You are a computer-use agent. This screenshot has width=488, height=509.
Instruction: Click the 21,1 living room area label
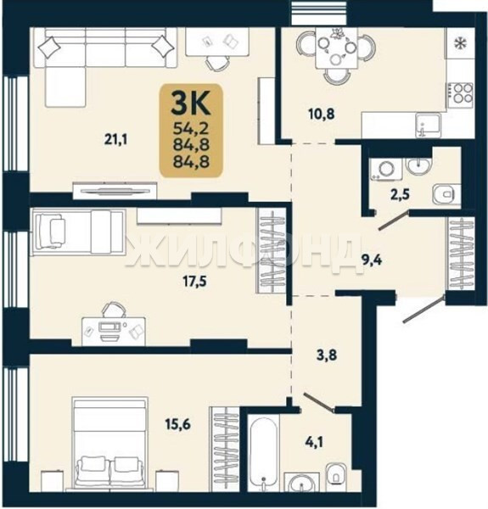click(116, 140)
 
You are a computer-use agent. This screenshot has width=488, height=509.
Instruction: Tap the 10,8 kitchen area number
click(321, 114)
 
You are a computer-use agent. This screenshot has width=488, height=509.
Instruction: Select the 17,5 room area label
click(195, 282)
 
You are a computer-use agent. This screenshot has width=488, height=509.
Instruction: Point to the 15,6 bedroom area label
click(177, 424)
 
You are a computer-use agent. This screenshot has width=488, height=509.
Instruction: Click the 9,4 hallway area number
click(372, 260)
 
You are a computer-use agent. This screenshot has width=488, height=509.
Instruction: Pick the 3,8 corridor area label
click(327, 355)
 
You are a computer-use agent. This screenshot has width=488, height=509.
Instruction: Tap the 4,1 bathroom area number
click(313, 442)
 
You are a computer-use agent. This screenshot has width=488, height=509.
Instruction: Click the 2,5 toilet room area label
click(399, 195)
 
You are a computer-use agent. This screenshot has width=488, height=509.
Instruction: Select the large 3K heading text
click(191, 103)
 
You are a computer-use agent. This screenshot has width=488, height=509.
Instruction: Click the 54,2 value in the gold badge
click(191, 129)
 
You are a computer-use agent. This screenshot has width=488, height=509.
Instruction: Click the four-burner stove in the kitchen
click(460, 92)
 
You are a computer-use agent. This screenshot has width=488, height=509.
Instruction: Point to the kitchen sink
click(429, 125)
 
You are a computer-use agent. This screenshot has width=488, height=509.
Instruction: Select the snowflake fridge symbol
click(460, 43)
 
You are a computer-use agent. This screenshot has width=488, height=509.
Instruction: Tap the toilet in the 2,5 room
click(446, 194)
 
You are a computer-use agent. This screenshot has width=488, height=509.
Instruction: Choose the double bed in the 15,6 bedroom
click(109, 444)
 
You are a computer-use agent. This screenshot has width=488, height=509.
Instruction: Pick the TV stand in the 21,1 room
click(115, 191)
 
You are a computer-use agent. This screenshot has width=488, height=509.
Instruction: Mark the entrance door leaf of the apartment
click(423, 309)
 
